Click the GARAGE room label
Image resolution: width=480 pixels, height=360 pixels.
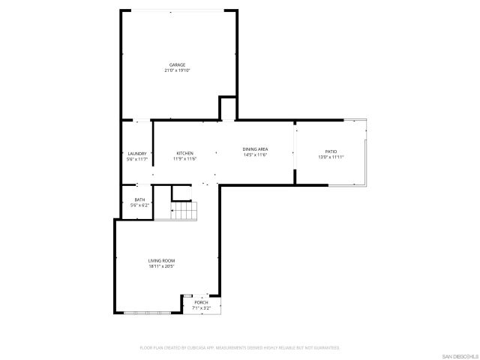pos(177,64)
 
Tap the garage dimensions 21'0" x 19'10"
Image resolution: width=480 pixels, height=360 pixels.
pos(177,70)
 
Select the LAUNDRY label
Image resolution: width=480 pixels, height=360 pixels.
pos(136,153)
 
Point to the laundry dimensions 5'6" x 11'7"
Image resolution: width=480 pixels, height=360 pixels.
pos(136,159)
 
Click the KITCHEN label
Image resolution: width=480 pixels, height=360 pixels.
pos(184,153)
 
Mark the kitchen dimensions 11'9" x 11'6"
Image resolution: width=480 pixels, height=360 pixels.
pos(184,159)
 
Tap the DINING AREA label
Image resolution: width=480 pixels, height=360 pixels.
pos(255,148)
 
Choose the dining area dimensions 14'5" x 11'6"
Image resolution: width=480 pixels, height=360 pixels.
pos(255,154)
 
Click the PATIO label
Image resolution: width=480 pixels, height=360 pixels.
pos(331,151)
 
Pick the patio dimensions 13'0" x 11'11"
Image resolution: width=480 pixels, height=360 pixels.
pos(331,157)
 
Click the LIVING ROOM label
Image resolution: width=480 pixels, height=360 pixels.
pos(161,259)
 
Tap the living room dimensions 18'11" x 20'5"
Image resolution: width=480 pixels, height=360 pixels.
pos(161,265)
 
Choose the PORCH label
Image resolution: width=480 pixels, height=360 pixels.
pos(201,302)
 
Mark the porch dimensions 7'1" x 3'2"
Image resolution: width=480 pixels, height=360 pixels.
pos(201,307)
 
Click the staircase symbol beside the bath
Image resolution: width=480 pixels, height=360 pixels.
pos(183,212)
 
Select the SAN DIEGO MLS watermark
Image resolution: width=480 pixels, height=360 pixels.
pos(459,355)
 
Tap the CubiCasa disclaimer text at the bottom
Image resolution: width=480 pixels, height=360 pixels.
pos(240,348)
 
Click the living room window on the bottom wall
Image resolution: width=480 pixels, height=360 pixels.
pos(147,313)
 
